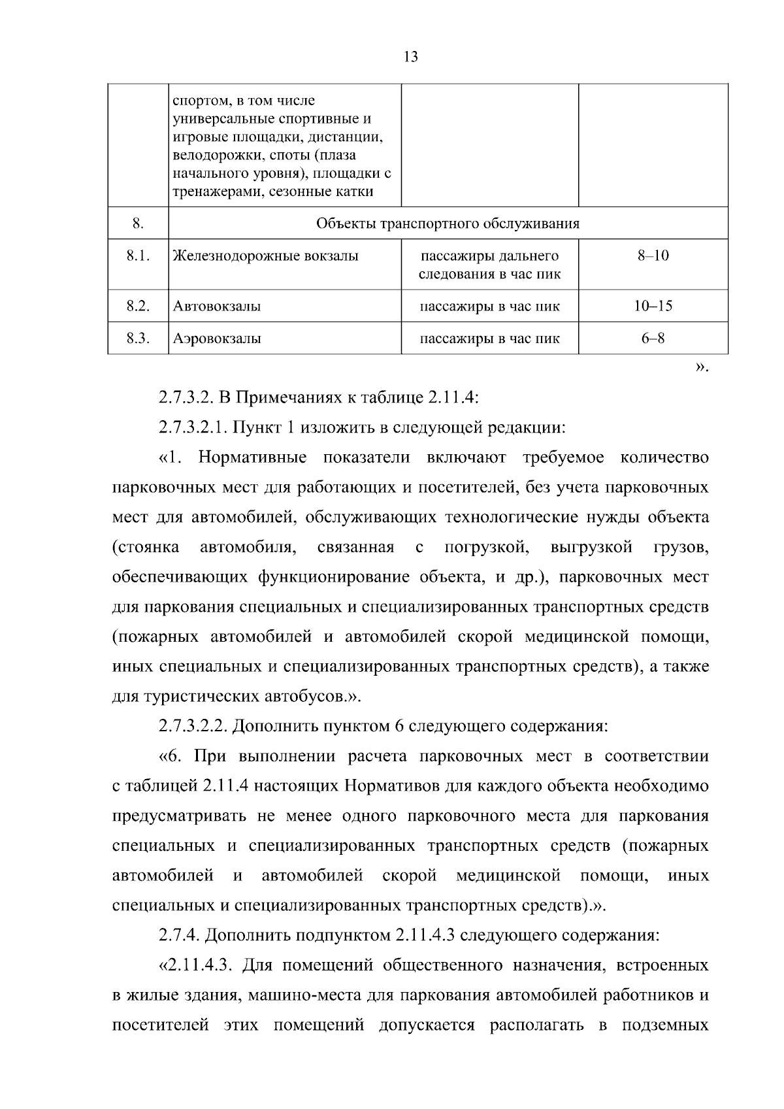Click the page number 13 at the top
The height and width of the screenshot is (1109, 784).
[411, 57]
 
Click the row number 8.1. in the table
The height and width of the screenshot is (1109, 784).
[139, 256]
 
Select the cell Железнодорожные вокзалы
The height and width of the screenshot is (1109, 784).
[265, 256]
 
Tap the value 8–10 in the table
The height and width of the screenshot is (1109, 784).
[653, 256]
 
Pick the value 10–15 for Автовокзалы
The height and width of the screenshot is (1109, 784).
[653, 306]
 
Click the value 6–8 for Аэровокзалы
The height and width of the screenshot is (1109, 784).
[653, 339]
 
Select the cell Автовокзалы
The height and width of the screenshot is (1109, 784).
[217, 306]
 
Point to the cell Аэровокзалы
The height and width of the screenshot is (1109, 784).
[217, 339]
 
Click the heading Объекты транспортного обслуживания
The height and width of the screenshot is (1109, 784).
[448, 224]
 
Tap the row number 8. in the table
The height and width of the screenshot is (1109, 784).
[138, 224]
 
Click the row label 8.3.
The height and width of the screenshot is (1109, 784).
[139, 339]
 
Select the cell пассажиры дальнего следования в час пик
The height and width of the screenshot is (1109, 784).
[489, 265]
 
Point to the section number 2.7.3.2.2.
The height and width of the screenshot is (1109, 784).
[193, 726]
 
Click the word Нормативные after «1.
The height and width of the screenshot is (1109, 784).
[252, 457]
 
